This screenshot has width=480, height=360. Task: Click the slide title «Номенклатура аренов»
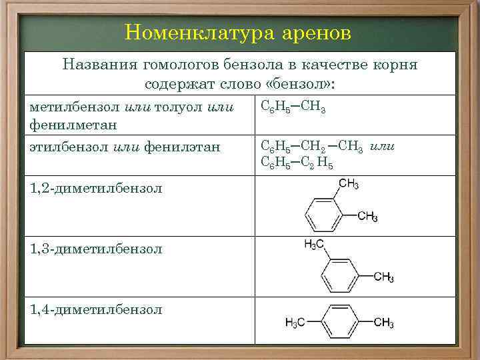click(x=237, y=33)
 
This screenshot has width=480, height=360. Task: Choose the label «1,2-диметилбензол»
click(x=96, y=189)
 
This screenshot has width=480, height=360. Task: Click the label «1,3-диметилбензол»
click(x=96, y=249)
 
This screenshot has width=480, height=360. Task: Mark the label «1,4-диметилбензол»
click(x=96, y=309)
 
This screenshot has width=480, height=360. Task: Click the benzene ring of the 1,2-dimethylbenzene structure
click(x=324, y=215)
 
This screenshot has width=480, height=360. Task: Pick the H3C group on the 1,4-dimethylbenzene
click(x=295, y=323)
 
